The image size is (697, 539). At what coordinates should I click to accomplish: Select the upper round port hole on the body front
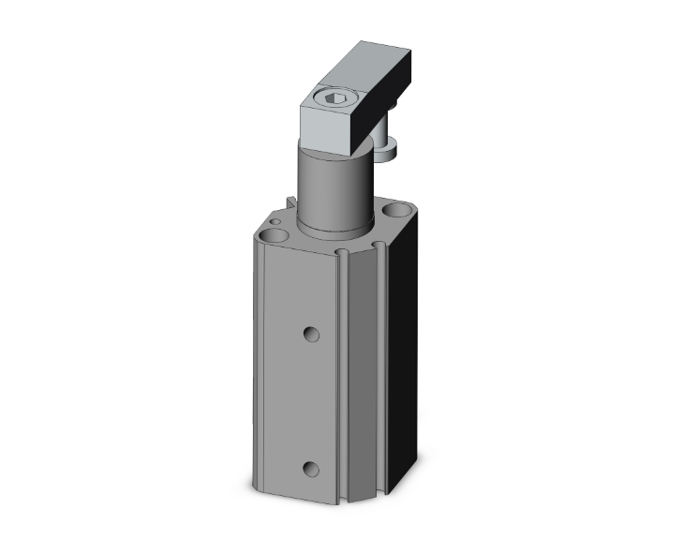[x=312, y=333]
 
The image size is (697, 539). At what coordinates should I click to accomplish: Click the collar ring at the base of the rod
[x=334, y=228]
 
